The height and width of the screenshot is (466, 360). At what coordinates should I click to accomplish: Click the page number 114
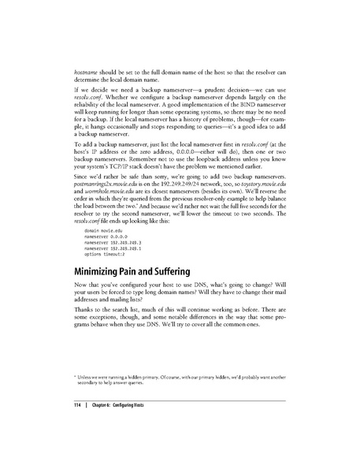pos(68,405)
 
